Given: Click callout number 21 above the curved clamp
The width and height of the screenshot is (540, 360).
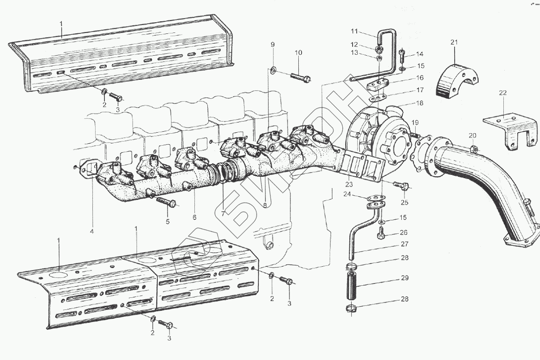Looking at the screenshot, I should (454, 43).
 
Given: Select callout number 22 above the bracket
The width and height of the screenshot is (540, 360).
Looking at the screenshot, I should (502, 93).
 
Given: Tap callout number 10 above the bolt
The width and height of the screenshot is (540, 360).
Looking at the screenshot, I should (298, 53).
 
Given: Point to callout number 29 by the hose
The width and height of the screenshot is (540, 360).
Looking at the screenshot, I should (405, 278).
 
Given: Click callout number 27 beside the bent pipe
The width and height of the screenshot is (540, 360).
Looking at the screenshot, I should (405, 244).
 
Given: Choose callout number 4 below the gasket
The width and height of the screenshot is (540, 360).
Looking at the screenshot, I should (92, 231).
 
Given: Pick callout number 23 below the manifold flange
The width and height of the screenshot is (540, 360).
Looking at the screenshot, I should (349, 185).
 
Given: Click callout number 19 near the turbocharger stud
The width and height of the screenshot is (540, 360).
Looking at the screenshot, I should (415, 122).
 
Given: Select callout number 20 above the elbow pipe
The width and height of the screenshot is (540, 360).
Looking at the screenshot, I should (472, 135).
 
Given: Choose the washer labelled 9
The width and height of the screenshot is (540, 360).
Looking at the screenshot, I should (273, 70).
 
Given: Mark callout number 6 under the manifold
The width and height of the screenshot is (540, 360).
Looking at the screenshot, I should (194, 217).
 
